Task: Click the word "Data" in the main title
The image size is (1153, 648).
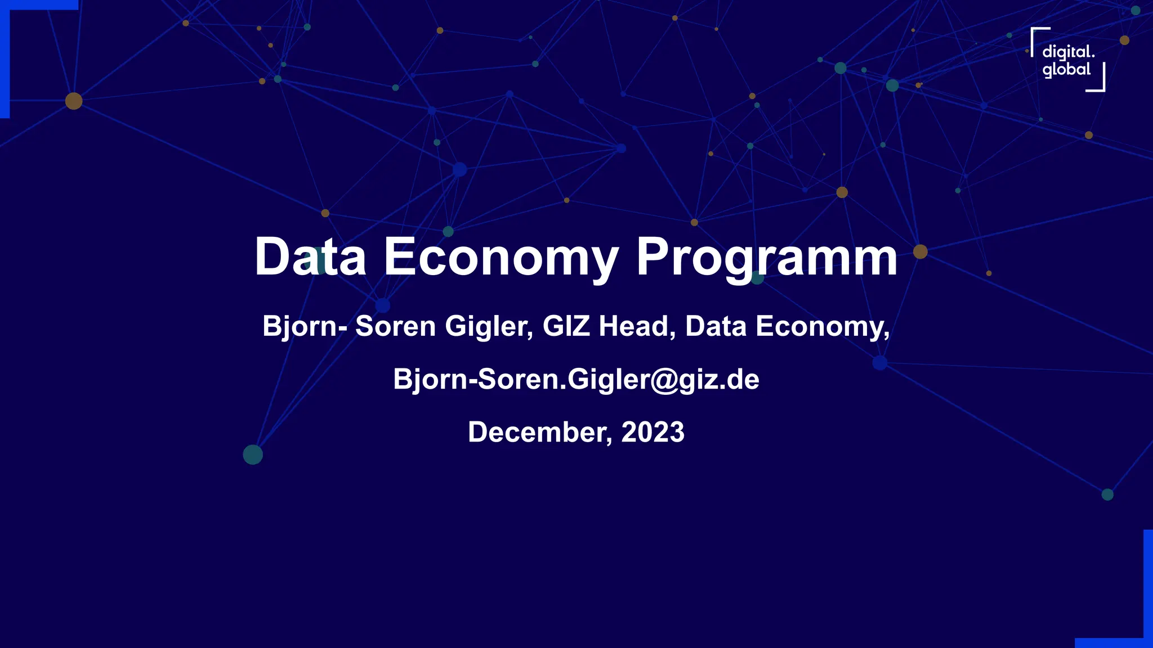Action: point(310,257)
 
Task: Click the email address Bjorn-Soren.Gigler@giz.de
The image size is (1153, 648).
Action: point(576,379)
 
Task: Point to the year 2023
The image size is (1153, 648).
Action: point(653,432)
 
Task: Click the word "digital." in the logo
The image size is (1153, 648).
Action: point(1068,53)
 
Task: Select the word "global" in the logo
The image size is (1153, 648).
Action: point(1066,70)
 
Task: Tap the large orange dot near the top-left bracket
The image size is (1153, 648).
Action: point(74,101)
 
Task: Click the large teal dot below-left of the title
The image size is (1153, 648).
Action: point(253,454)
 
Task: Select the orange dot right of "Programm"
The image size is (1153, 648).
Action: point(920,251)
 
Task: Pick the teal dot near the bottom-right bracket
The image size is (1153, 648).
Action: point(1107,494)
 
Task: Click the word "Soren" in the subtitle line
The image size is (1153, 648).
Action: point(395,326)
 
